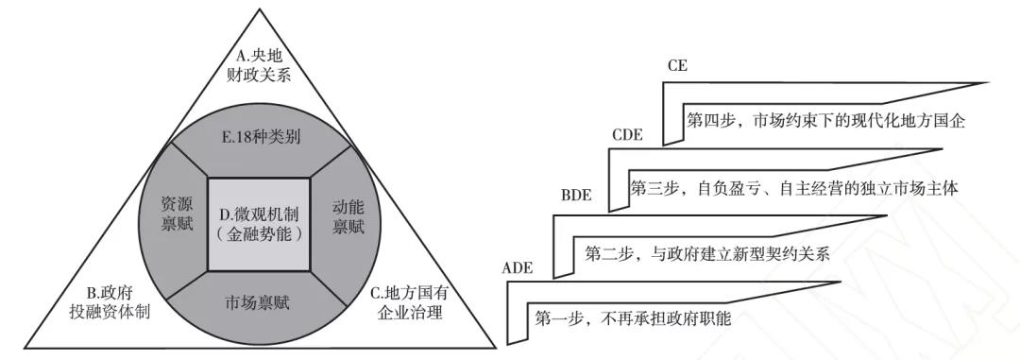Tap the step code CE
click(x=676, y=66)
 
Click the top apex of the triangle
click(x=259, y=9)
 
